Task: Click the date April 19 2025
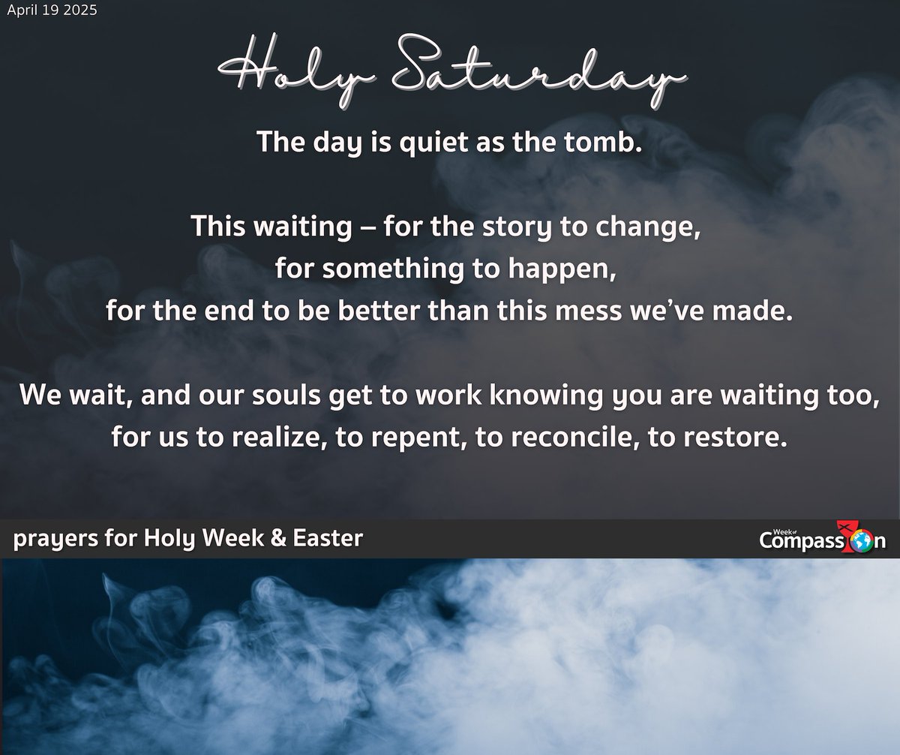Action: click(x=51, y=12)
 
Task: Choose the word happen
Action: click(x=568, y=269)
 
